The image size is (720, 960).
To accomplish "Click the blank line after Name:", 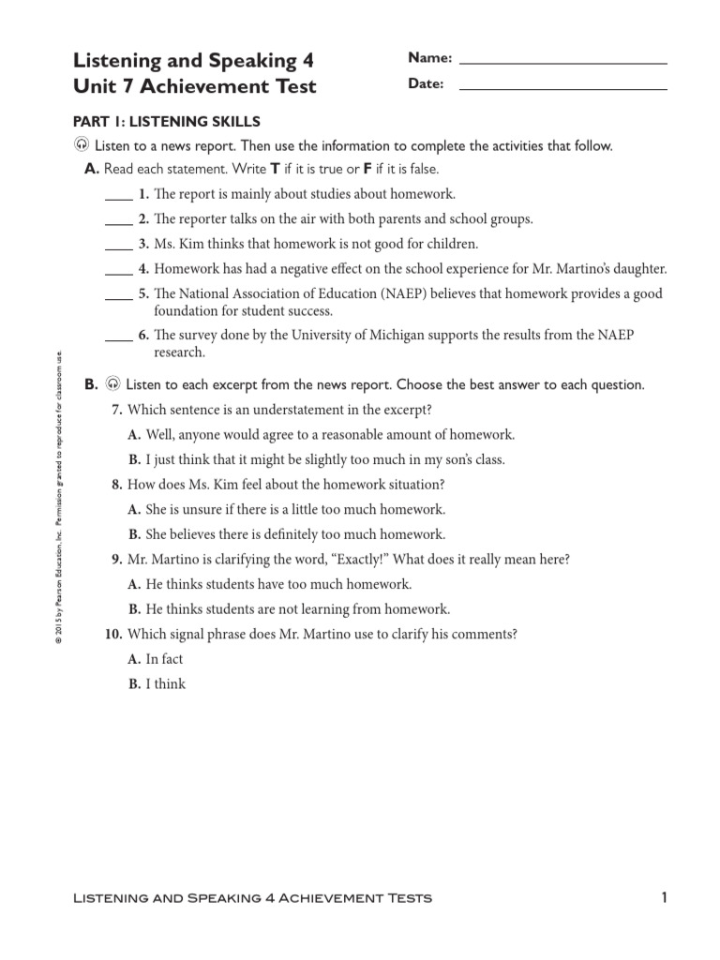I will pyautogui.click(x=563, y=62).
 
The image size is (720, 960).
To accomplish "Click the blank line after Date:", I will pyautogui.click(x=563, y=88).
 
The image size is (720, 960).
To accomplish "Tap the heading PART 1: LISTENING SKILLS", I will pyautogui.click(x=166, y=122).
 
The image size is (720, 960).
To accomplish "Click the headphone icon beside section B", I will pyautogui.click(x=112, y=384).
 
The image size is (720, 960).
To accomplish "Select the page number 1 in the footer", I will pyautogui.click(x=663, y=897).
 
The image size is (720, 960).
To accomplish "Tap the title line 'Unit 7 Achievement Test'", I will pyautogui.click(x=194, y=87).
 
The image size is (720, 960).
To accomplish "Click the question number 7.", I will pyautogui.click(x=117, y=411).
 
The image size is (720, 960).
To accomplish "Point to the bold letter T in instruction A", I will pyautogui.click(x=275, y=170).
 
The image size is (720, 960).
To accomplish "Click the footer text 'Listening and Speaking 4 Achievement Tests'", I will pyautogui.click(x=252, y=898).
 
